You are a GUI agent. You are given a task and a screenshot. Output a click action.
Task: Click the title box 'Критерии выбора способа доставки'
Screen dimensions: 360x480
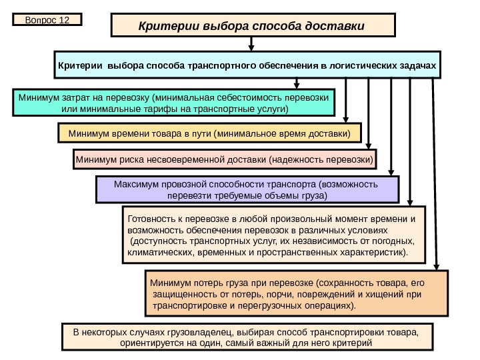(x=253, y=26)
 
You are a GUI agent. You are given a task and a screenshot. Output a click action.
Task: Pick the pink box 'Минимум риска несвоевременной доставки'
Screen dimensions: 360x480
(x=225, y=160)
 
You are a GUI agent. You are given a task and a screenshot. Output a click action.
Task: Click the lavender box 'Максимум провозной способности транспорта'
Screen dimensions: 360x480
(x=247, y=189)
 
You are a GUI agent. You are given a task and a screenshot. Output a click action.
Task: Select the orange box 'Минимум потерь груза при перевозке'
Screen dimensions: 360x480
(x=296, y=293)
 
